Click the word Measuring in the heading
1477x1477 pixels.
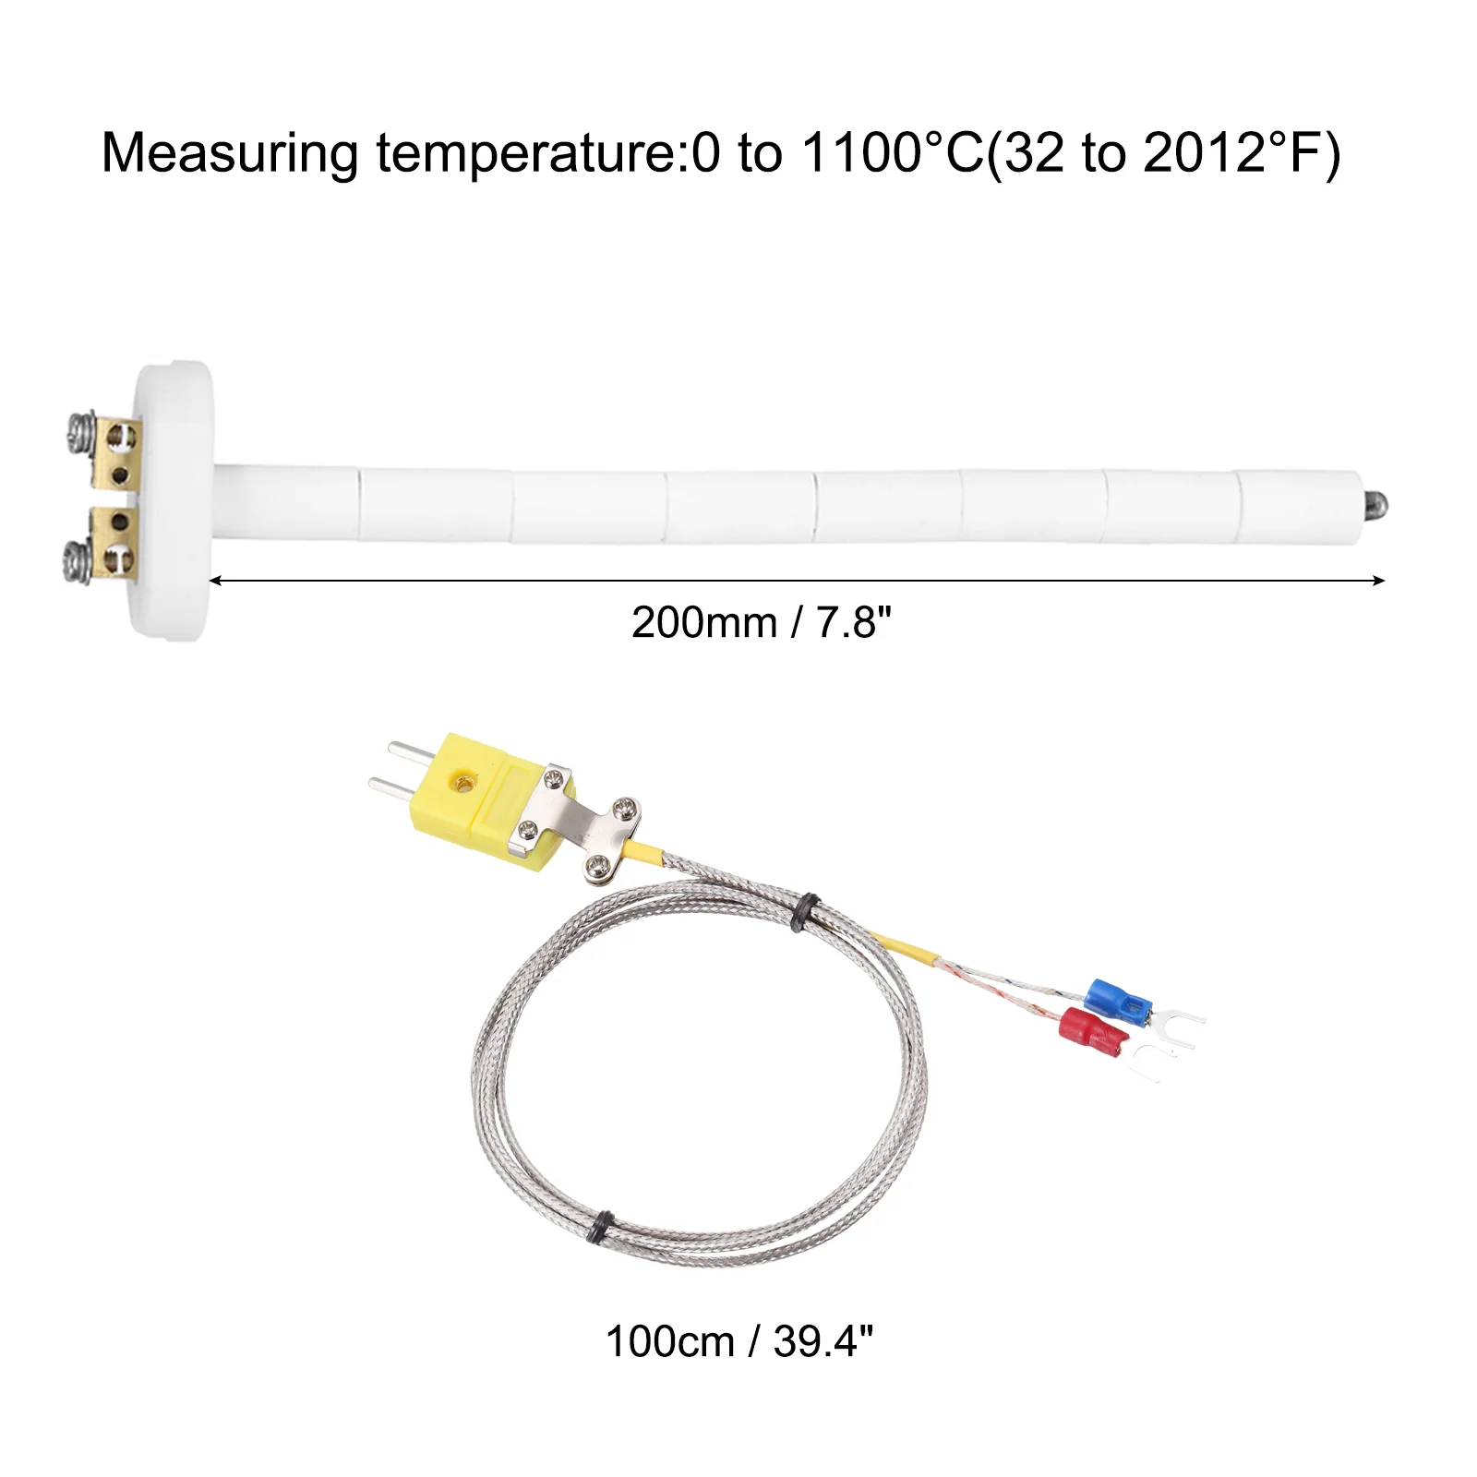pyautogui.click(x=229, y=153)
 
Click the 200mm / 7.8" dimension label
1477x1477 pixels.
pyautogui.click(x=762, y=623)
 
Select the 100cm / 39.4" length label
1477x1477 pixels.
pyautogui.click(x=738, y=1341)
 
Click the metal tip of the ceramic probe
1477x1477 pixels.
pyautogui.click(x=1375, y=506)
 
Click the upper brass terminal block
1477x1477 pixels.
pyautogui.click(x=118, y=455)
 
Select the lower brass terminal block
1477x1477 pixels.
pyautogui.click(x=114, y=539)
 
